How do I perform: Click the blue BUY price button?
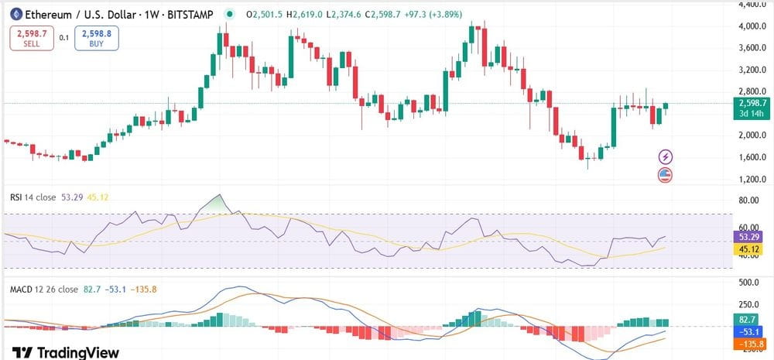tap(97, 38)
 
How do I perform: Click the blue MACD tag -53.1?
tap(748, 331)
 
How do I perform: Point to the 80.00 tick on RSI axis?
tap(748, 200)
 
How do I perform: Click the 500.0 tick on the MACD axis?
tap(748, 282)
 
